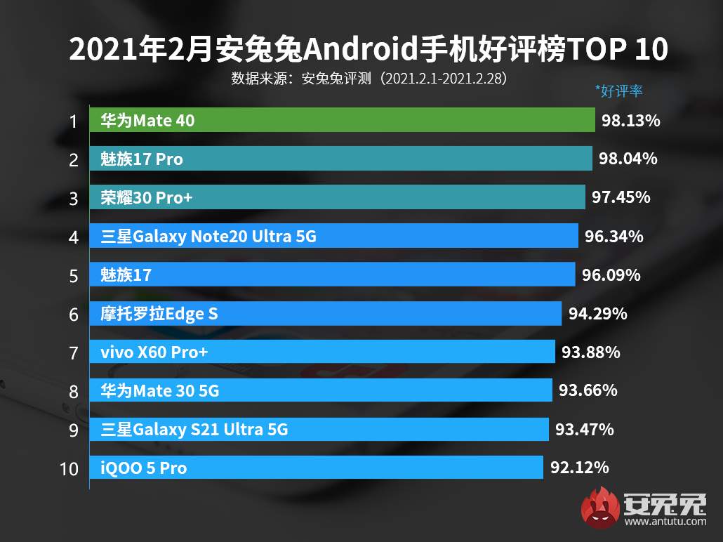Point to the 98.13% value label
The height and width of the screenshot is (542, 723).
pyautogui.click(x=631, y=121)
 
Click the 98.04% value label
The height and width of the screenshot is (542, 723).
pyautogui.click(x=628, y=159)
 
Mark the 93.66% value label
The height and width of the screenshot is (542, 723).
pyautogui.click(x=588, y=390)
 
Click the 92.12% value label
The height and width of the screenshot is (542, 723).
pyautogui.click(x=579, y=467)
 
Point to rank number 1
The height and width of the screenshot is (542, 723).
pyautogui.click(x=73, y=121)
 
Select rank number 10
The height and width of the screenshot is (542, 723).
pyautogui.click(x=69, y=468)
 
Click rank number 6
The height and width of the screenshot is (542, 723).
pyautogui.click(x=73, y=315)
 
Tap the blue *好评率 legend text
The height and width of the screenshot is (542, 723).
pyautogui.click(x=619, y=91)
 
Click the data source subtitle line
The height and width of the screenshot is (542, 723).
pyautogui.click(x=369, y=78)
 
